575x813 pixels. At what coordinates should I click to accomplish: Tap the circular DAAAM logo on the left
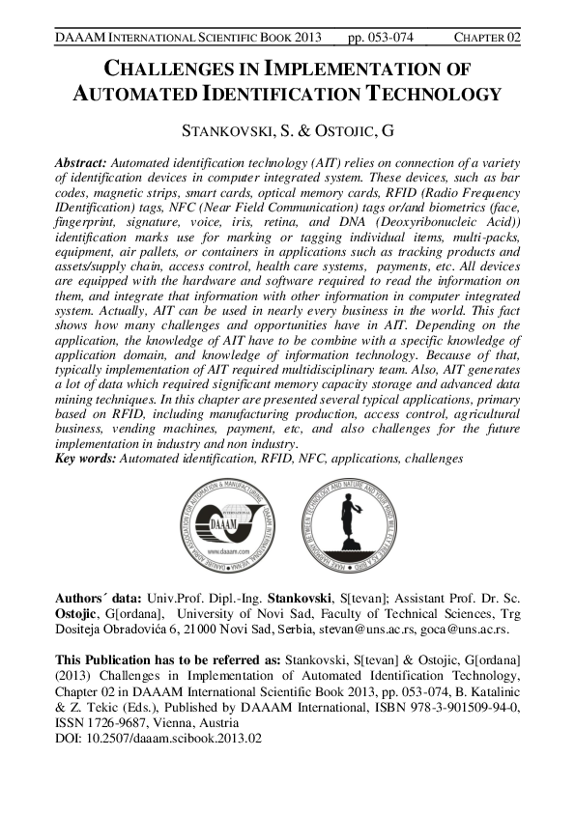tap(229, 526)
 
